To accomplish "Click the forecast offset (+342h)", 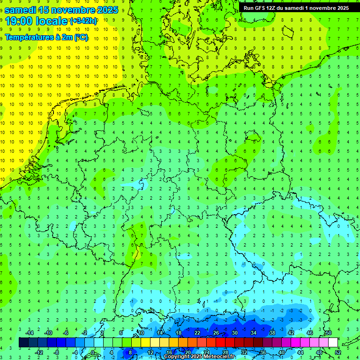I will [83, 21].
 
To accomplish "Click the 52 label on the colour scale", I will [337, 352].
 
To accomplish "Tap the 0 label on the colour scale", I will [93, 352].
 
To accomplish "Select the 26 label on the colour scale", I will [216, 333].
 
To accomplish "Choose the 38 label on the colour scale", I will [272, 333].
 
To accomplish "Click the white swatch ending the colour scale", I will [333, 343].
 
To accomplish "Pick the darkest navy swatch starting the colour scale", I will [23, 343].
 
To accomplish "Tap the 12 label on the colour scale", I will [150, 352].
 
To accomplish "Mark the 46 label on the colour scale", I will [309, 333].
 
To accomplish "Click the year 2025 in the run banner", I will [341, 8].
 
